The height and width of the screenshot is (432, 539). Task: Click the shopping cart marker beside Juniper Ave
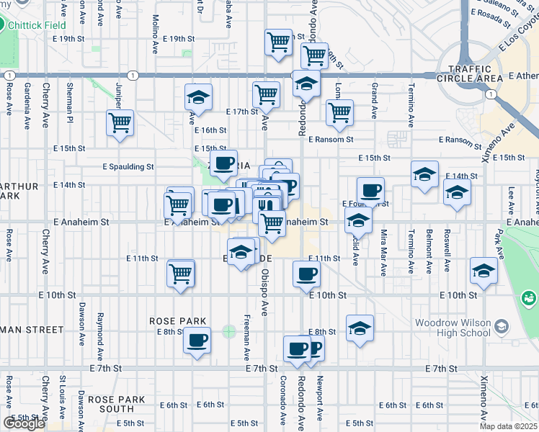click(120, 122)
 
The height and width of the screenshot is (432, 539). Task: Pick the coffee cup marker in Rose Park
click(197, 341)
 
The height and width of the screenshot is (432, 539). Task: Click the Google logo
click(24, 423)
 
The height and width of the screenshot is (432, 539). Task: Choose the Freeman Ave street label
click(247, 337)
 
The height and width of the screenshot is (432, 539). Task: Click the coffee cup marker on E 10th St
click(307, 274)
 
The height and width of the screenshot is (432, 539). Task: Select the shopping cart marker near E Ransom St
click(339, 112)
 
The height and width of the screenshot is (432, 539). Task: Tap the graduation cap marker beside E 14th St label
click(425, 174)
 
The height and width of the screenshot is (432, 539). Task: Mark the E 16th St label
click(210, 130)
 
